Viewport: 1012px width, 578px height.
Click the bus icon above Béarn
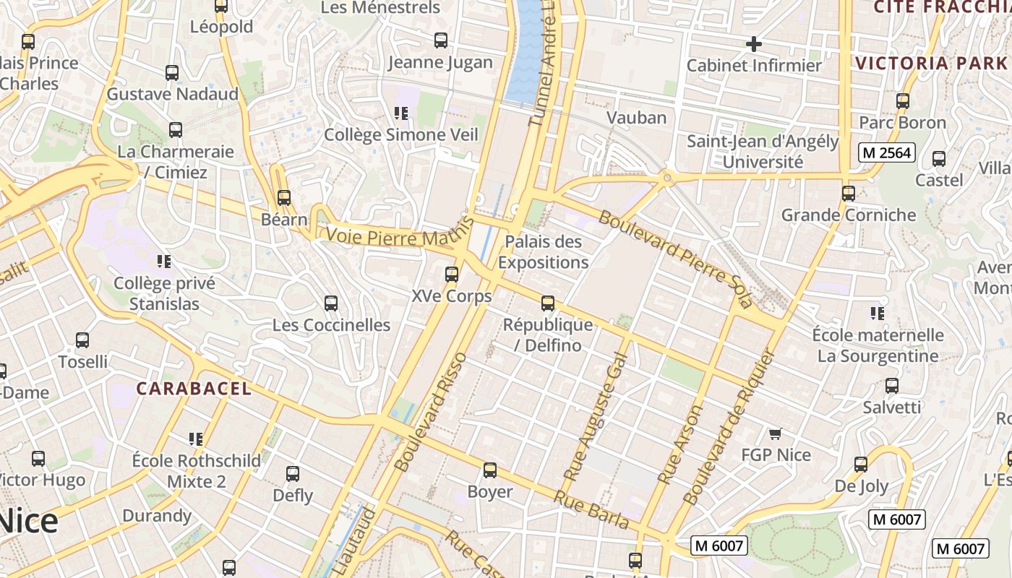coord(284,197)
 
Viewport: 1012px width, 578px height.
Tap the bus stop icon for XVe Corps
coord(452,275)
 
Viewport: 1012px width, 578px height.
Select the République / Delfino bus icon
coord(548,303)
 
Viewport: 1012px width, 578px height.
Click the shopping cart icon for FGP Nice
coord(776,433)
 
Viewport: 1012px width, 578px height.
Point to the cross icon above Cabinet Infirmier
coord(753,44)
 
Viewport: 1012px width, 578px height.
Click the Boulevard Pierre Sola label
coord(675,257)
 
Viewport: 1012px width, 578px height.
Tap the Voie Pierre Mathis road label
coord(393,237)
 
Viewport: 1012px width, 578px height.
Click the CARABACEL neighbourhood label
coord(194,389)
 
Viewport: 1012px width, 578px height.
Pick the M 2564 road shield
coord(887,152)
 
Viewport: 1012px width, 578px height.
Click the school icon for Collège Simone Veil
coord(401,113)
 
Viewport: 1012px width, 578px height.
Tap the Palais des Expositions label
coord(543,251)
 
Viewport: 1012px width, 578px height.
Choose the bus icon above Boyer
coord(490,470)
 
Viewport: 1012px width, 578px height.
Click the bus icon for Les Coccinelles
coord(331,303)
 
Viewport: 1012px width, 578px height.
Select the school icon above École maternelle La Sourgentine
coord(878,314)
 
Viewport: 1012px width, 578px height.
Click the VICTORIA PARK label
coord(931,63)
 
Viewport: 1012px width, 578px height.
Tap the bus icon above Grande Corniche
coord(849,194)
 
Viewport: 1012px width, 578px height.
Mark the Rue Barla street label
coord(591,509)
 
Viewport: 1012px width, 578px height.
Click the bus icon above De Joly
coord(861,464)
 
